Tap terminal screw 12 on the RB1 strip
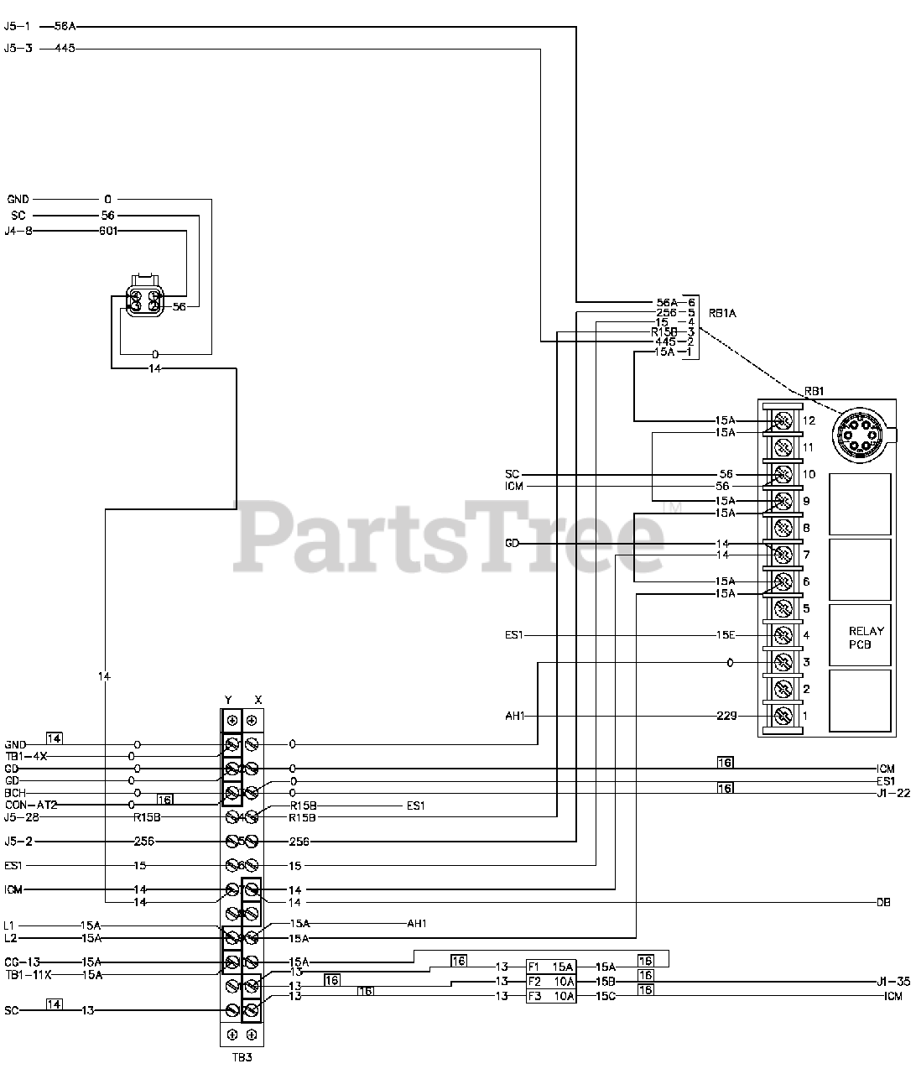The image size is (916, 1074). pos(783,420)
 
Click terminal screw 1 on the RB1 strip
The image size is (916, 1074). pos(783,716)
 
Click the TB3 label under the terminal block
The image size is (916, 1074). pos(241,1057)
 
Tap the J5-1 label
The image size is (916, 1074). pos(18,26)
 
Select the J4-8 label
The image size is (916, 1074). pos(18,231)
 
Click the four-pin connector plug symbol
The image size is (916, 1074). pos(143,299)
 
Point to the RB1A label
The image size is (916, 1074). pos(722,314)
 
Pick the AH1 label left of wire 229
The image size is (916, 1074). pos(514,716)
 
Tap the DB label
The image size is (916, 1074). pos(883,902)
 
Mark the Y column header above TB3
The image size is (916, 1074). pos(228,700)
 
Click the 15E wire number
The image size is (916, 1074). pos(726,635)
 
